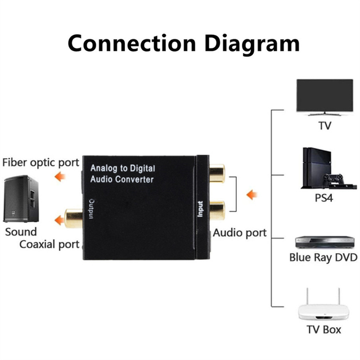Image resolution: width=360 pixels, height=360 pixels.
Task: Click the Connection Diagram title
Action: click(x=180, y=43)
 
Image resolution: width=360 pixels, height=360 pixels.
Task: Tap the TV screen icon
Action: click(x=325, y=97)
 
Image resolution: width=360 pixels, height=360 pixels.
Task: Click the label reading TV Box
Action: click(x=323, y=330)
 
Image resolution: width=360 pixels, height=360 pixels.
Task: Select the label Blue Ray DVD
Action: click(x=323, y=258)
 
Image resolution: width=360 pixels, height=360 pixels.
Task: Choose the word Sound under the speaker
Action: click(x=21, y=232)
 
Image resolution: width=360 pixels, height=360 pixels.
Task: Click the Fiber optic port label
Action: click(x=40, y=163)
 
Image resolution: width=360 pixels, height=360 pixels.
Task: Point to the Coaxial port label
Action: click(x=49, y=244)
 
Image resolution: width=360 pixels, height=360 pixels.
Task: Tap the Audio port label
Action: click(x=240, y=232)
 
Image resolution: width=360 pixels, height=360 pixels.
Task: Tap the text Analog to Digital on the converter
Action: click(x=123, y=168)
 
